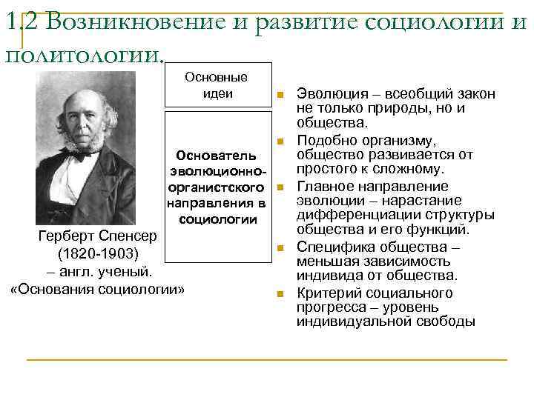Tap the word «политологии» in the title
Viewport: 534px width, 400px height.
point(83,55)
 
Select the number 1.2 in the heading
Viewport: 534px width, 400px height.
point(19,24)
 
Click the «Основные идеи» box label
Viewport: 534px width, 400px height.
point(217,85)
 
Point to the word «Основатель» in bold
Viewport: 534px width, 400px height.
point(217,156)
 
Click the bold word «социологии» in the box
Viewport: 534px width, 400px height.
point(217,219)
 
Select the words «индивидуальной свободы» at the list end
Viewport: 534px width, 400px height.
point(385,321)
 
